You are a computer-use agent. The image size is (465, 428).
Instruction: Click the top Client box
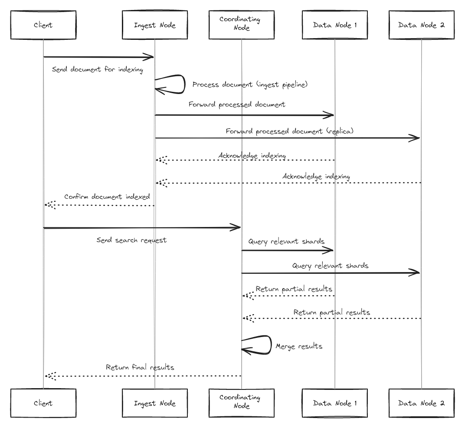tap(43, 25)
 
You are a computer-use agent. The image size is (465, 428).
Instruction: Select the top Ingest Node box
tap(154, 25)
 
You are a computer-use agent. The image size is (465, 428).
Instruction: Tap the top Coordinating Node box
tap(241, 25)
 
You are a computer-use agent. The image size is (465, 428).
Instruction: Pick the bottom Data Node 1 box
tap(334, 403)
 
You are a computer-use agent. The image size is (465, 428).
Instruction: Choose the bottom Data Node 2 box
tap(421, 403)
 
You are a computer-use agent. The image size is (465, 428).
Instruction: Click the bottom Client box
tap(43, 403)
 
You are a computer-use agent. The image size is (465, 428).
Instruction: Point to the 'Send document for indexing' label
tap(97, 70)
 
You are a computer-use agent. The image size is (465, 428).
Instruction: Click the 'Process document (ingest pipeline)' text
tap(250, 85)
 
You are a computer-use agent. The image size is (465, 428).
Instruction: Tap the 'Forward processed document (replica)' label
tap(289, 131)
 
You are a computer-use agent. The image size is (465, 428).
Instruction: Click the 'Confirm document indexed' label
tap(107, 197)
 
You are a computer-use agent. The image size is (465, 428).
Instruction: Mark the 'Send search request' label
tap(131, 240)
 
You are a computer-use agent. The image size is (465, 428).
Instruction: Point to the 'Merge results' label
tap(299, 347)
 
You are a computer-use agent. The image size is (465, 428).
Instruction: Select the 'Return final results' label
tap(140, 367)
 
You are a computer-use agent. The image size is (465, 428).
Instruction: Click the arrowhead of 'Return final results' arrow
tap(49, 376)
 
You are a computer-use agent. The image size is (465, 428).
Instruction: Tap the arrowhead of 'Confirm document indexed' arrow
tap(49, 205)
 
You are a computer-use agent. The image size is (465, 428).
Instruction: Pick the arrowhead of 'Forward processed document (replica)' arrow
tap(416, 138)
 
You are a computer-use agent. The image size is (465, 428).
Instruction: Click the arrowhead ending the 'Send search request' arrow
tap(236, 227)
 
